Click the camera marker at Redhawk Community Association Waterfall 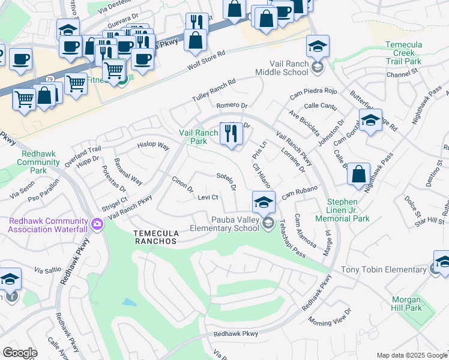point(97,224)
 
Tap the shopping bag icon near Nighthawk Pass point(358,175)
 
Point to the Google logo point(20,353)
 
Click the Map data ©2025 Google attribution point(412,355)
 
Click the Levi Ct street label point(207,197)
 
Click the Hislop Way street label point(153,145)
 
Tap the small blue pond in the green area point(129,302)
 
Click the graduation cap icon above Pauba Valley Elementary point(263,202)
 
